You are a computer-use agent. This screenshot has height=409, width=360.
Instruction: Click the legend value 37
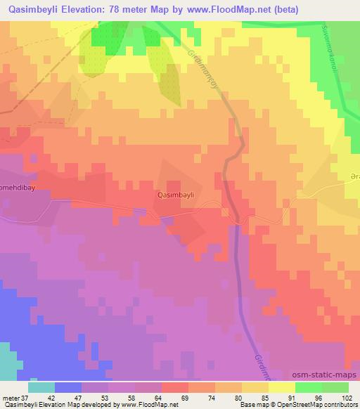click(x=24, y=397)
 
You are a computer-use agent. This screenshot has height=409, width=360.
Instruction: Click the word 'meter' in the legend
click(x=10, y=397)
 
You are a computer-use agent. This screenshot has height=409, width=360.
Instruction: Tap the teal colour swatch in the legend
click(x=41, y=387)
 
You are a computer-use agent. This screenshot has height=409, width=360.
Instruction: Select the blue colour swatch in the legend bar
click(x=68, y=387)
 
